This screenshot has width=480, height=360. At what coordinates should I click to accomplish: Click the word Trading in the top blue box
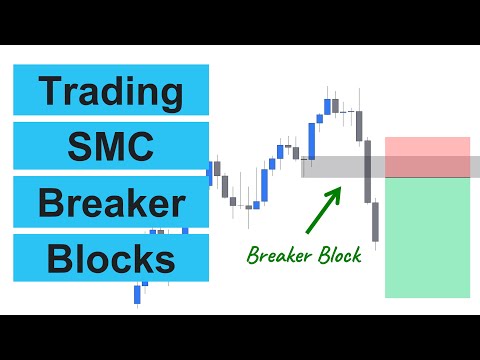coord(111,92)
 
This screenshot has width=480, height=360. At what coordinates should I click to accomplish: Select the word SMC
coord(111,148)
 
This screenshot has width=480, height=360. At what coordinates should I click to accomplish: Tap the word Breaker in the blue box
coord(111,203)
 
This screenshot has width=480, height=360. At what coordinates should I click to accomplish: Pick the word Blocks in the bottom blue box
coord(111,259)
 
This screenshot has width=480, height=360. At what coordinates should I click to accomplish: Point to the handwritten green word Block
coord(336,255)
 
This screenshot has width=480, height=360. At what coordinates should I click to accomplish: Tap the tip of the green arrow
coord(339,185)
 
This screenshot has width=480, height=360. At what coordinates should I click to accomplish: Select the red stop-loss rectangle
coord(427,157)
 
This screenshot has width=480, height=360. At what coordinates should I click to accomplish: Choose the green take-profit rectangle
coord(427,237)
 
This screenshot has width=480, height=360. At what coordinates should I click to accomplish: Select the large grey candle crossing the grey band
coord(368,170)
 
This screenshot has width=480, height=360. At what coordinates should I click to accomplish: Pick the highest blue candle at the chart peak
coord(327,105)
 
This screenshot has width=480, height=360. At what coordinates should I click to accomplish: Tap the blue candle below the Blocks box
coord(139,293)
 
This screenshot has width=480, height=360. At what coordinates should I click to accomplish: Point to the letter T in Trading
coord(48,92)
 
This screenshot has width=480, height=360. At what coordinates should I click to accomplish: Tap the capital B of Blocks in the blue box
coord(57,259)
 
